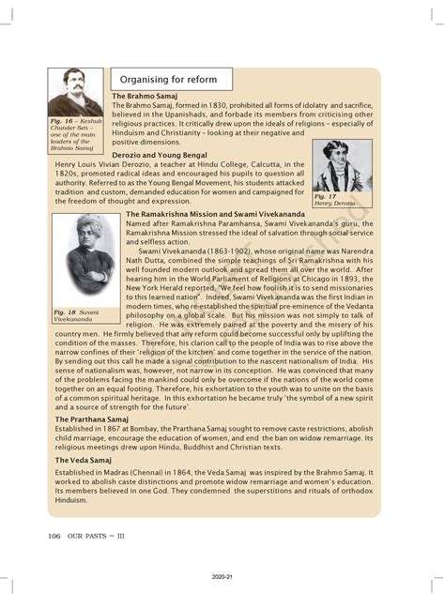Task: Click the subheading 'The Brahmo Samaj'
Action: (x=143, y=97)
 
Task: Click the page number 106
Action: (x=48, y=536)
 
